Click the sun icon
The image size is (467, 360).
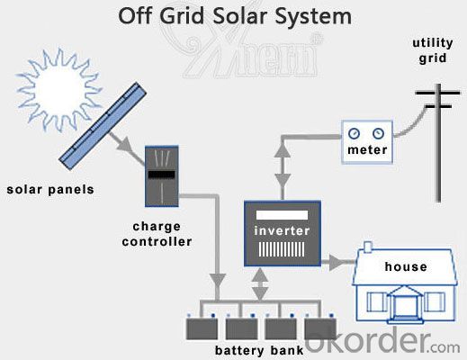[x=58, y=89]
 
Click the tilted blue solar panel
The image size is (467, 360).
[x=103, y=126]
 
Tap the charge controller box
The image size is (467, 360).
[x=162, y=176]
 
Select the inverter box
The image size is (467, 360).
[x=283, y=233]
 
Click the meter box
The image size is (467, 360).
[x=367, y=142]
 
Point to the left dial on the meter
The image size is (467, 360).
[x=354, y=133]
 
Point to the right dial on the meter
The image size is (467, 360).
[x=378, y=133]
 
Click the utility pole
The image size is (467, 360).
[x=438, y=143]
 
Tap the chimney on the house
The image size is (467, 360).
[x=368, y=247]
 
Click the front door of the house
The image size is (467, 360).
[x=403, y=306]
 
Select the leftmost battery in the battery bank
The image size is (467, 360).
[x=202, y=328]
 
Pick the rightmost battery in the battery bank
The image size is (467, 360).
[x=320, y=328]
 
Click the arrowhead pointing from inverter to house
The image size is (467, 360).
[x=337, y=262]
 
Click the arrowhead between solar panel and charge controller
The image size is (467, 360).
[x=125, y=145]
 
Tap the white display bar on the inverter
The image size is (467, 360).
[x=282, y=215]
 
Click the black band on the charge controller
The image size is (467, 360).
[x=162, y=175]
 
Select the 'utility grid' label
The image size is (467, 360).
[x=433, y=50]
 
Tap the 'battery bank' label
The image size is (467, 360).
[x=259, y=350]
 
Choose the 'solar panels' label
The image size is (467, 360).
[x=50, y=190]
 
